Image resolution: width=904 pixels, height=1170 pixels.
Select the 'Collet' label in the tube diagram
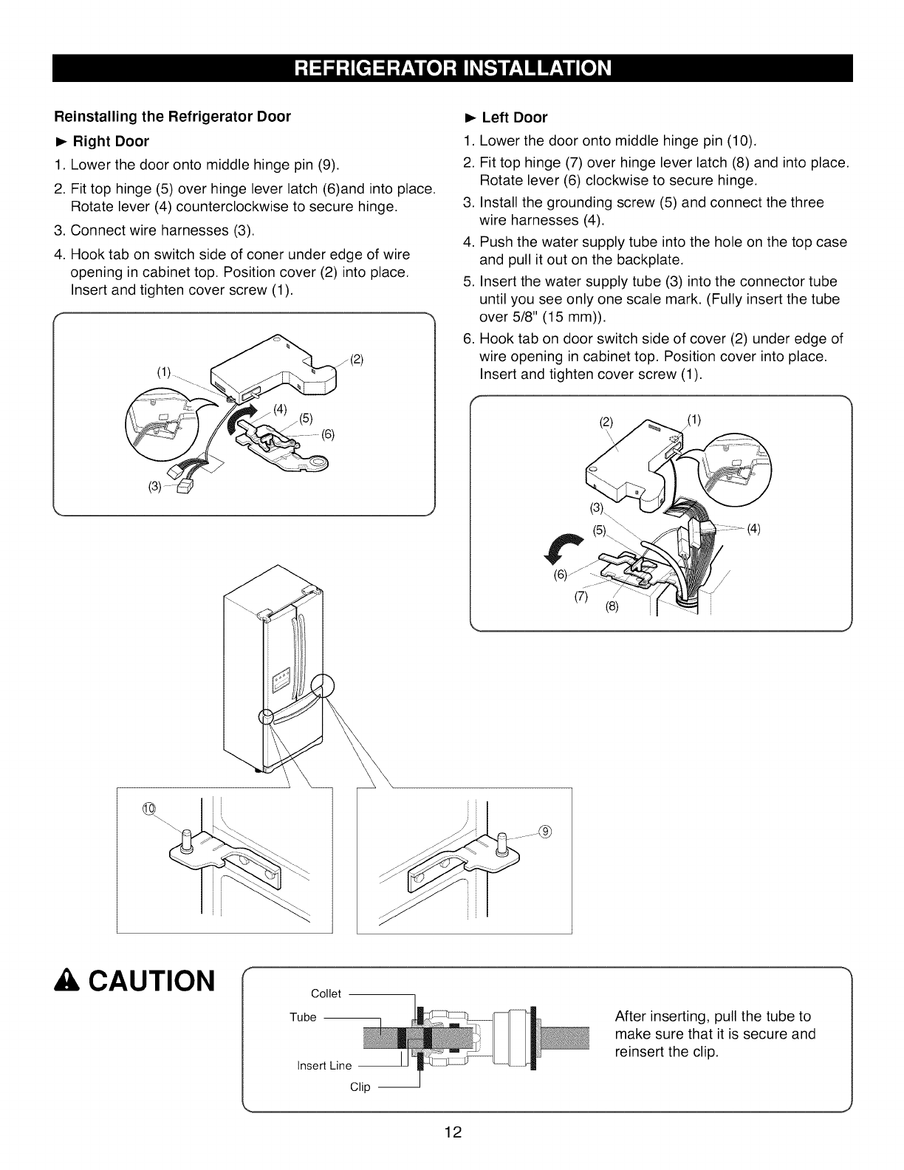326,993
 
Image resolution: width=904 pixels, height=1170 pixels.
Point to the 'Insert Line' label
323,1065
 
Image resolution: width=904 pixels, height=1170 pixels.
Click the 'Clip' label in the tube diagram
360,1087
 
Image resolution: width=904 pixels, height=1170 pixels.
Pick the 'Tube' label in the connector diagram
303,1017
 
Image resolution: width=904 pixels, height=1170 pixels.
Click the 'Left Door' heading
514,117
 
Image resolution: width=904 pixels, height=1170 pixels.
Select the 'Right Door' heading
110,141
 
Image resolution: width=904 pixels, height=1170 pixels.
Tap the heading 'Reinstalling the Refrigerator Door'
172,117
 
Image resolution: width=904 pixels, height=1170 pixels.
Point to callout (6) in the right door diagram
327,434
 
